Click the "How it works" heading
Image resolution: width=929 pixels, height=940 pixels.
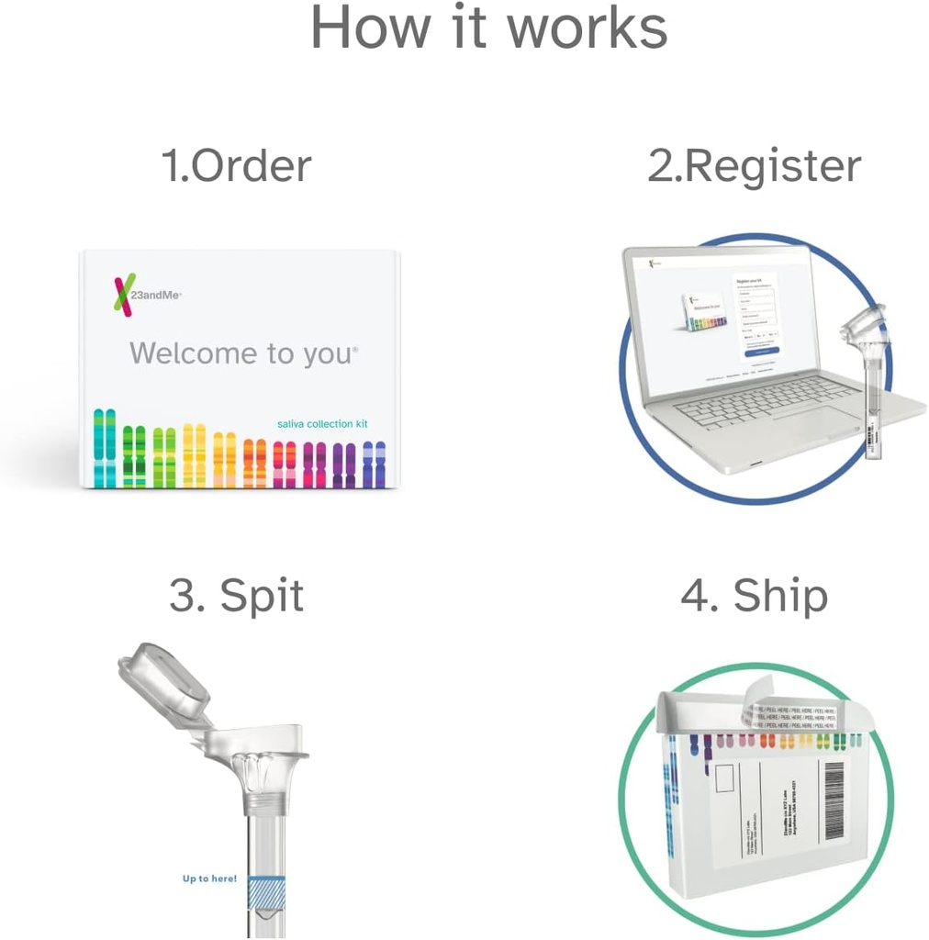(x=488, y=28)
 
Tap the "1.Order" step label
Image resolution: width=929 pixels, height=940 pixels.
(x=236, y=166)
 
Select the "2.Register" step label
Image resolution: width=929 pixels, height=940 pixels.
(x=754, y=166)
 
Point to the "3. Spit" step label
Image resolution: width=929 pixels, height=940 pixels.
(x=236, y=596)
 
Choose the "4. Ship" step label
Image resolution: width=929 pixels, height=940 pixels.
(x=754, y=596)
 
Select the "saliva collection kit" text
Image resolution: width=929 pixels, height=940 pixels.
(x=322, y=423)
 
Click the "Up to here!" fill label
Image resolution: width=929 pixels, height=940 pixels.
(x=209, y=879)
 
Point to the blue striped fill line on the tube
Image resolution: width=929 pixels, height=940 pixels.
(x=265, y=890)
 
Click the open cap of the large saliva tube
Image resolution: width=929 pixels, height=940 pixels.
(x=162, y=678)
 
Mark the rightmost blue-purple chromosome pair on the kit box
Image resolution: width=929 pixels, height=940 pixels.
(x=374, y=464)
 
